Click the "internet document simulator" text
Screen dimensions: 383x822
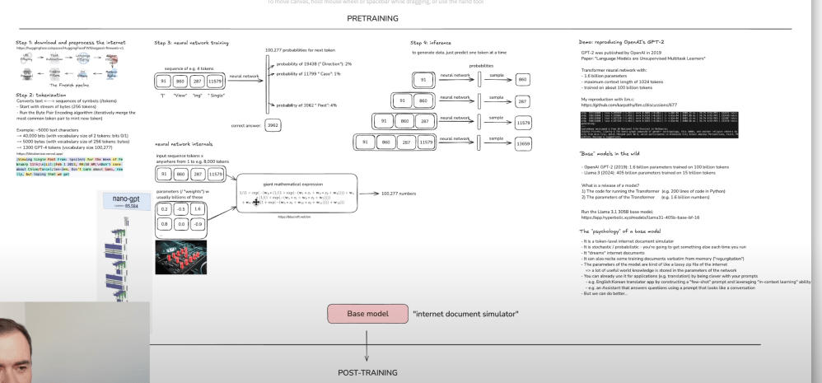click(465, 314)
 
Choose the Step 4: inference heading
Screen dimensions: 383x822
click(432, 42)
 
